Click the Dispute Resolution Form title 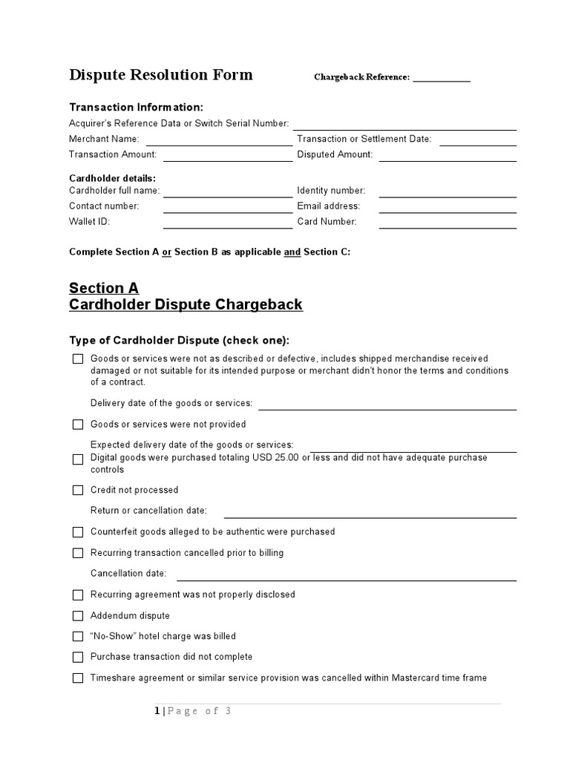[x=160, y=75]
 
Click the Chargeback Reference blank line [x=441, y=79]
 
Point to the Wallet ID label [x=89, y=221]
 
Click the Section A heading [x=104, y=288]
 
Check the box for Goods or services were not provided [x=78, y=425]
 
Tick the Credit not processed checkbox [x=78, y=490]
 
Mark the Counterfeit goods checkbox [x=78, y=532]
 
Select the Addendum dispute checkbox [x=78, y=616]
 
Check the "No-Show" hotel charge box [x=78, y=636]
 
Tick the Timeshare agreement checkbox [x=78, y=678]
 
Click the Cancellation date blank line [x=346, y=580]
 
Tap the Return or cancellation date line [x=370, y=517]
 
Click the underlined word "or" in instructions [x=167, y=252]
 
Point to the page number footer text [x=194, y=711]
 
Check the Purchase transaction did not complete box [x=78, y=657]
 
